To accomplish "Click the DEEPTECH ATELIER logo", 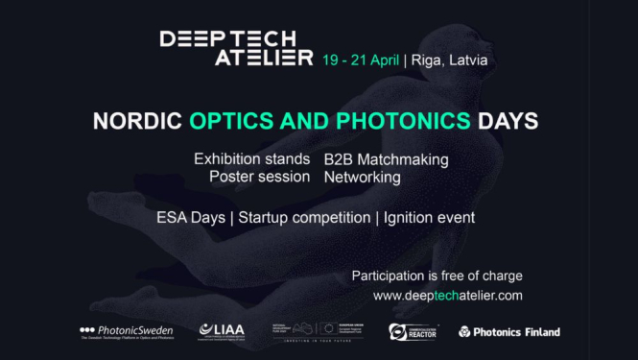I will (x=236, y=48).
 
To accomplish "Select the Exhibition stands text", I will (x=251, y=158).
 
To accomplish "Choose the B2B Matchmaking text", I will (x=386, y=158).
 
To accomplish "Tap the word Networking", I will (x=362, y=177).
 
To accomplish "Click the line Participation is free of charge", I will (x=437, y=276).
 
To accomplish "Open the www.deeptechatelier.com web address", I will (x=447, y=296).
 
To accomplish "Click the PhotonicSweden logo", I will (x=125, y=332).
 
